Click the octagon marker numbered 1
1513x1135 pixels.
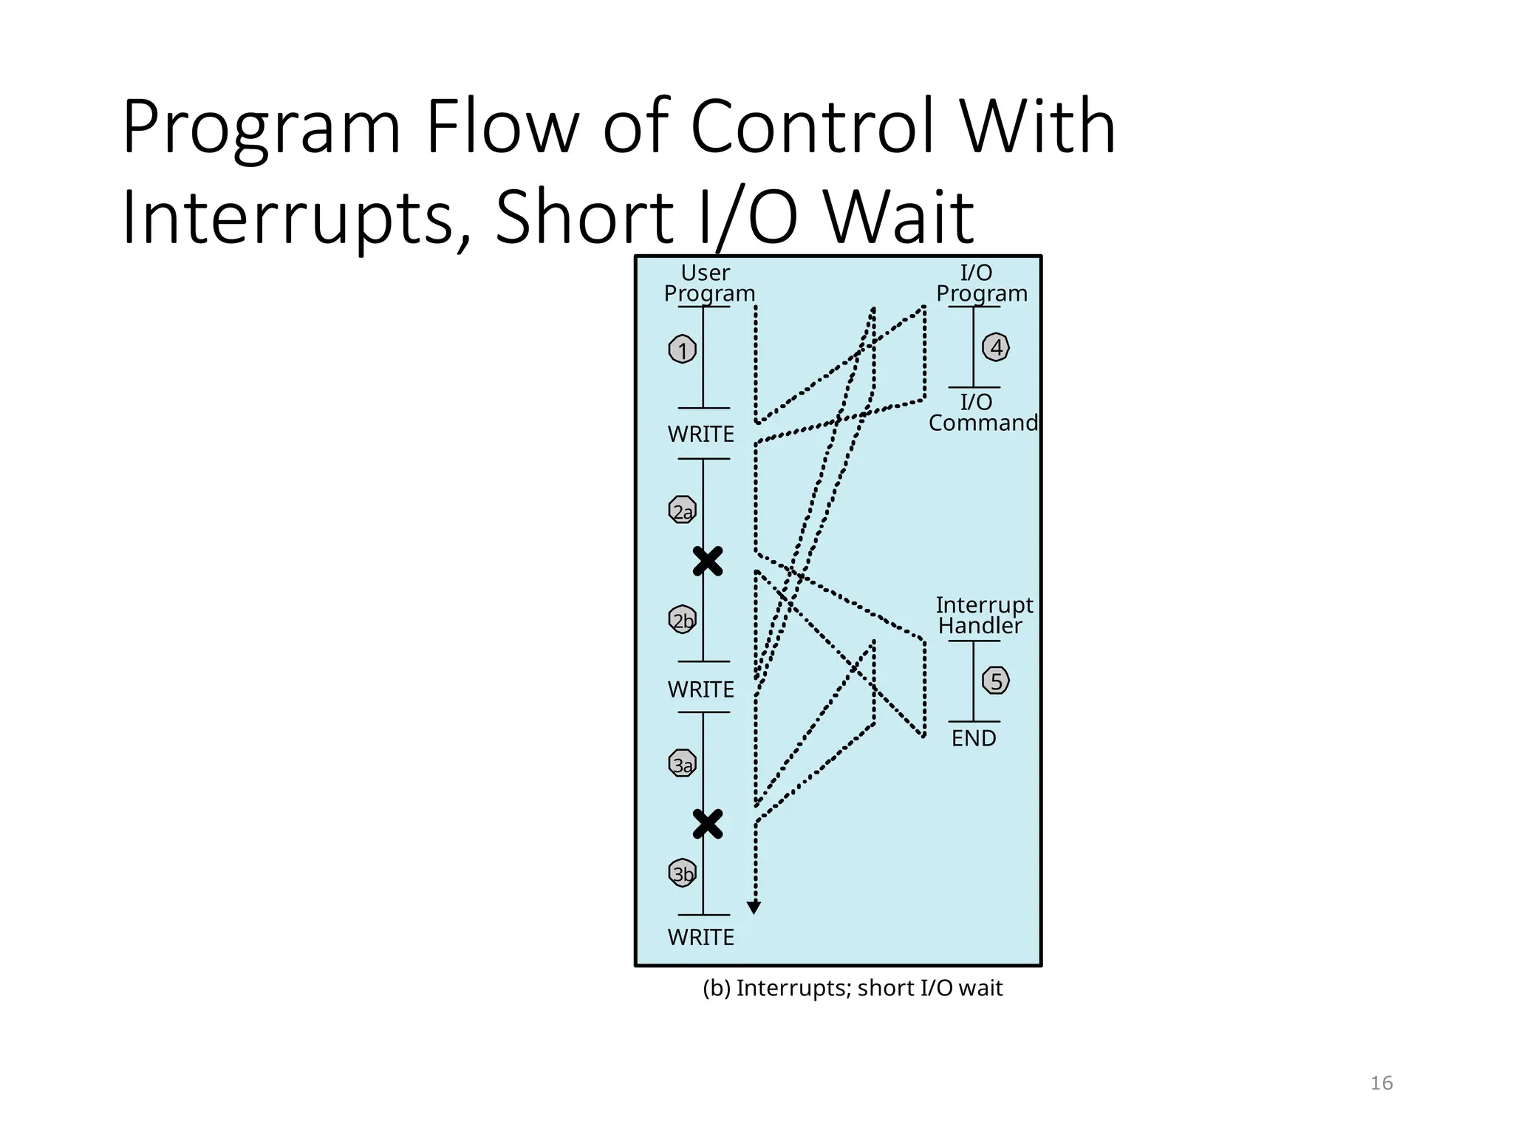[682, 350]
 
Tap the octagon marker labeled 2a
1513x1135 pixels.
[682, 510]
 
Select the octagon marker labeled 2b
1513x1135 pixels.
[682, 619]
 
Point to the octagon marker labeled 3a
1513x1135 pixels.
[682, 764]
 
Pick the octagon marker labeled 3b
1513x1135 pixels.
[682, 873]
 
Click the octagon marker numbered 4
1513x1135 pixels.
[996, 347]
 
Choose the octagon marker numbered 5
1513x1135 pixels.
[996, 681]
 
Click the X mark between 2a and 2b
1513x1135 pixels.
[707, 562]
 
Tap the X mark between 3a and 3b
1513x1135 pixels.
[707, 824]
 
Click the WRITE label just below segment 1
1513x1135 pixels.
[700, 434]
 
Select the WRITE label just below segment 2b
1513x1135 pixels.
[700, 689]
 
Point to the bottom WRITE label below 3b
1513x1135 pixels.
[700, 937]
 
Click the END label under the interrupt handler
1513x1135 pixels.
[973, 738]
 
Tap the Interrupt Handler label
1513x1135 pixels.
[983, 616]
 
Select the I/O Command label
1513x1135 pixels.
[982, 412]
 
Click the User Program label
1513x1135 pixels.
[708, 283]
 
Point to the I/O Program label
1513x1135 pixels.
[981, 283]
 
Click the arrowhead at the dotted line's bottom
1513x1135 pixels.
[754, 907]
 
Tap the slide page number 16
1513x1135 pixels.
[1381, 1083]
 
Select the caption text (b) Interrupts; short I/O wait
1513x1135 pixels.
[853, 988]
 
